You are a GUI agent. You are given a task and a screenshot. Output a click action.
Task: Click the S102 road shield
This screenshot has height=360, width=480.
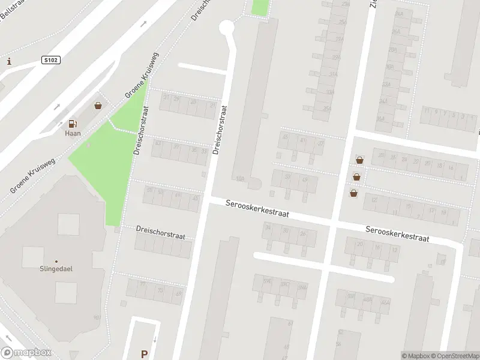coord(51,60)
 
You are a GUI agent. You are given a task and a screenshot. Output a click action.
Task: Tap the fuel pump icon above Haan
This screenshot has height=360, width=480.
coord(73,124)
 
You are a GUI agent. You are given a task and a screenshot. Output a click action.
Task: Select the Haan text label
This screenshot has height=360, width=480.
coord(73,134)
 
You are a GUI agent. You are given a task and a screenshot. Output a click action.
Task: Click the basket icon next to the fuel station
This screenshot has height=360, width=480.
coord(98,106)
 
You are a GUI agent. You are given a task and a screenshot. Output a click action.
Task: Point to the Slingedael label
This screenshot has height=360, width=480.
coord(56,270)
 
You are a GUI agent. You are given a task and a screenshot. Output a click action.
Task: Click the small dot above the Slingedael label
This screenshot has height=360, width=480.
coord(56,262)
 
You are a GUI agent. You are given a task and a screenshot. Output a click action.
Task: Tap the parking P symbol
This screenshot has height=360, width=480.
coord(143,354)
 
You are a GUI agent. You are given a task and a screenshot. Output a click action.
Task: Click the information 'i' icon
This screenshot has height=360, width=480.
coord(9,61)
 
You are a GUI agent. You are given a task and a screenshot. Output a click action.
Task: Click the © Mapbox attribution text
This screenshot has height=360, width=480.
coord(416,356)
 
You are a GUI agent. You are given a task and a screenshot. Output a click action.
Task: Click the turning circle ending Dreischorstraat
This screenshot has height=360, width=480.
coord(226,26)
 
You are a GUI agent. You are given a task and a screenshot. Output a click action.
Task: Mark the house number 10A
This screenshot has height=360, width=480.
coord(241,178)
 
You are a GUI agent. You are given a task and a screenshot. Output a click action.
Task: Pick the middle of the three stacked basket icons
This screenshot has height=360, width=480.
coord(357,176)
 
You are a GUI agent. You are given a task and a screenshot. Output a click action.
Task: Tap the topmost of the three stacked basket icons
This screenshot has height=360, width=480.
coord(359,160)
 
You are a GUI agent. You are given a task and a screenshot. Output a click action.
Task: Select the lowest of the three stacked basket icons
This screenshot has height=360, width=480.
coord(353,193)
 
